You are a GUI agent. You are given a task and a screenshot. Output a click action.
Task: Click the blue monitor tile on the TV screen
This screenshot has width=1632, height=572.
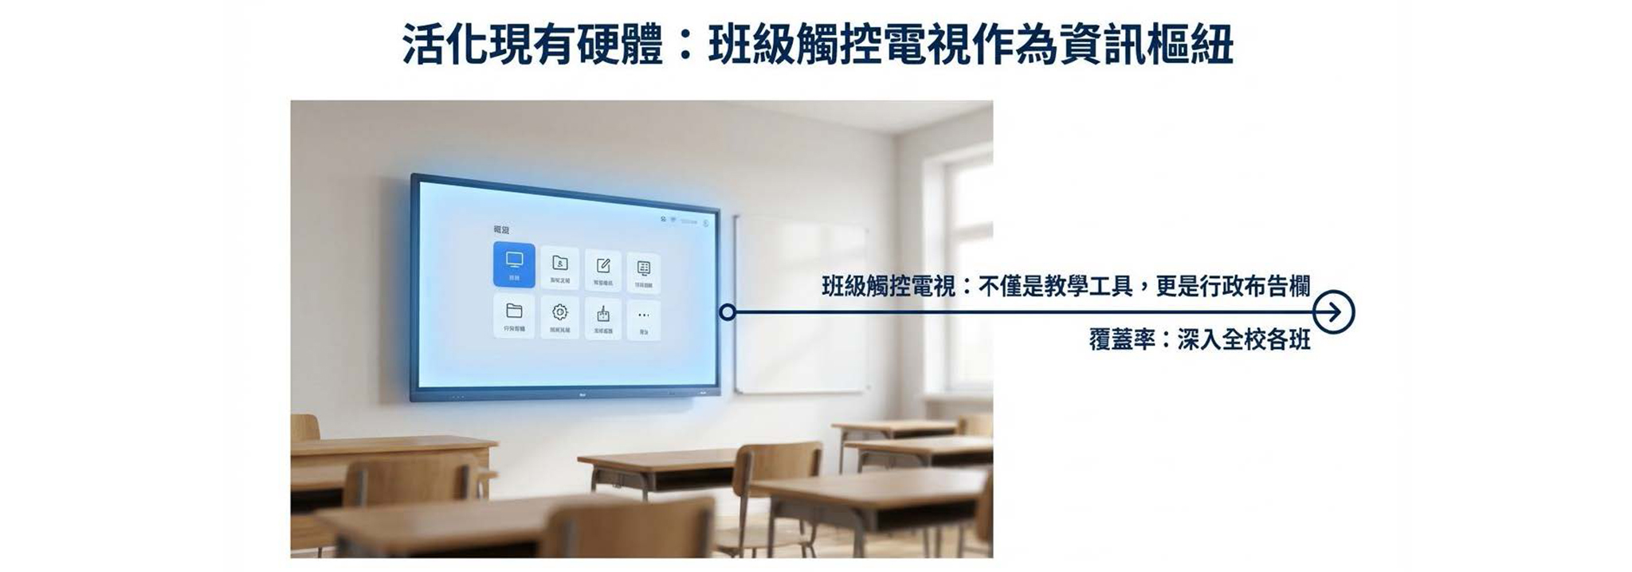pyautogui.click(x=514, y=264)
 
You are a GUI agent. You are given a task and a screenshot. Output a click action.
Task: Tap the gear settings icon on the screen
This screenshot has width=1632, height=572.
pyautogui.click(x=559, y=313)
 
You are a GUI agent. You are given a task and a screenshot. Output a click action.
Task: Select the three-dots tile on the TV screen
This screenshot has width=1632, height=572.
pyautogui.click(x=643, y=317)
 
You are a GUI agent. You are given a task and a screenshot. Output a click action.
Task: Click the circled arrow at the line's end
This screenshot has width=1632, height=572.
pyautogui.click(x=1333, y=312)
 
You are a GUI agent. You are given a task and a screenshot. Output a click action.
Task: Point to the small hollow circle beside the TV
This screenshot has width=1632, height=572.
pyautogui.click(x=727, y=313)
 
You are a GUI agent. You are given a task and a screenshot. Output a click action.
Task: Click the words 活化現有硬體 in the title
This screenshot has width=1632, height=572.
pyautogui.click(x=532, y=45)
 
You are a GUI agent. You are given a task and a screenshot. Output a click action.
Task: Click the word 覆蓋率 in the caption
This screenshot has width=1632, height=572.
pyautogui.click(x=1122, y=340)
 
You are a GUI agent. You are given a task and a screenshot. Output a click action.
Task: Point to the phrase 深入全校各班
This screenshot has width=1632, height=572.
pyautogui.click(x=1243, y=340)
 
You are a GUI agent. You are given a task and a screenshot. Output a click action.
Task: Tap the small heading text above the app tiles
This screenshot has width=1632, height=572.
pyautogui.click(x=501, y=230)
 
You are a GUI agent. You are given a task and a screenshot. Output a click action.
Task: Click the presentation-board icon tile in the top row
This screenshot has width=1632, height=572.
pyautogui.click(x=644, y=269)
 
